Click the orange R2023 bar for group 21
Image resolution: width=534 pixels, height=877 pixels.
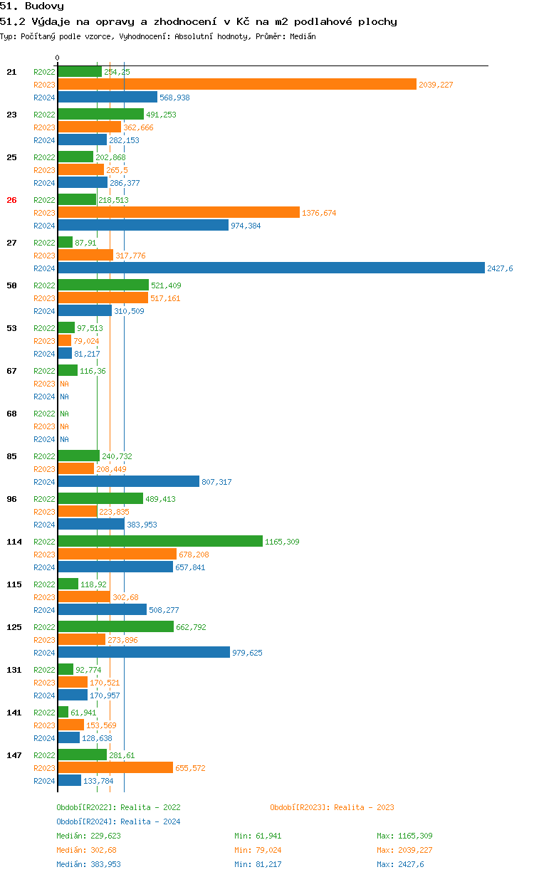(237, 85)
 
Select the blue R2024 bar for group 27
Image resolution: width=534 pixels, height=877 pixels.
(271, 268)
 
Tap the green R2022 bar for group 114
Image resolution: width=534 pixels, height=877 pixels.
(160, 542)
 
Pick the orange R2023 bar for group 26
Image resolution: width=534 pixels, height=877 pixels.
(179, 213)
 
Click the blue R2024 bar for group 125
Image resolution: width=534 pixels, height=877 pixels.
(144, 653)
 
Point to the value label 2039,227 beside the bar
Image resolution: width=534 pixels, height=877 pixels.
(436, 85)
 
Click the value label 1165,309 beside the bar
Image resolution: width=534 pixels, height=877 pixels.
(282, 542)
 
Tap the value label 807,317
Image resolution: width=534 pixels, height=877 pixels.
(216, 482)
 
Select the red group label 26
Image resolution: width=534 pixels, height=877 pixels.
(11, 200)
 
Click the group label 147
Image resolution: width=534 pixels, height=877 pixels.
(14, 755)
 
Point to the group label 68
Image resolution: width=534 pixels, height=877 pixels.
(11, 414)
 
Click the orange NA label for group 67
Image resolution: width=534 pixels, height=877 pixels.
(64, 384)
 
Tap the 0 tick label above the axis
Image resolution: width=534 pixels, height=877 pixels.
(58, 58)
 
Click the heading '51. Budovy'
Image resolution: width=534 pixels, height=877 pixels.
(32, 6)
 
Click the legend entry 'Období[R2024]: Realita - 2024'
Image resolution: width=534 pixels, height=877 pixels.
(118, 821)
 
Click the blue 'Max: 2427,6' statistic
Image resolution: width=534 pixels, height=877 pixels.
(400, 864)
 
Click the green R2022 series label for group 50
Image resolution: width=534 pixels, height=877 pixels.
(44, 285)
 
